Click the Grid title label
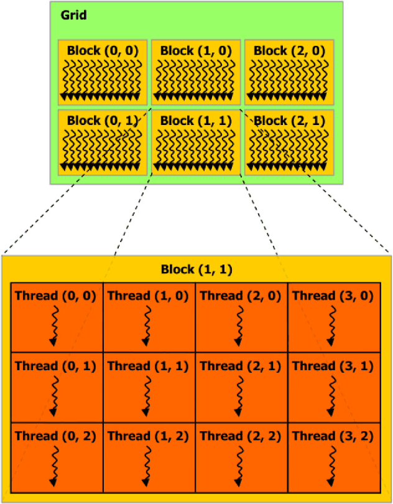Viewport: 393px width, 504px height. [73, 16]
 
